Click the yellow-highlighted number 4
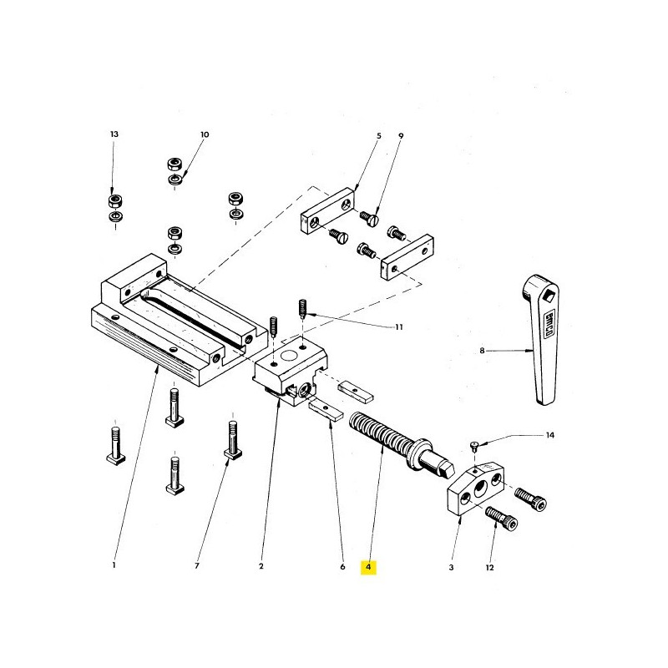tap(369, 568)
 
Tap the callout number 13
tap(114, 134)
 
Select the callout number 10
tap(204, 134)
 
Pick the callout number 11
tap(398, 327)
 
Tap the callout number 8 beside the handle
tap(482, 352)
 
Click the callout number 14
tap(549, 436)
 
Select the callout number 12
tap(489, 568)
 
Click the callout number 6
tap(342, 568)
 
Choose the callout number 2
tap(261, 568)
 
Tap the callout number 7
tap(197, 568)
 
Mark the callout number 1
tap(114, 568)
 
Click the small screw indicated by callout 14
tap(475, 446)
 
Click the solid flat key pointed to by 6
tap(324, 409)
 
